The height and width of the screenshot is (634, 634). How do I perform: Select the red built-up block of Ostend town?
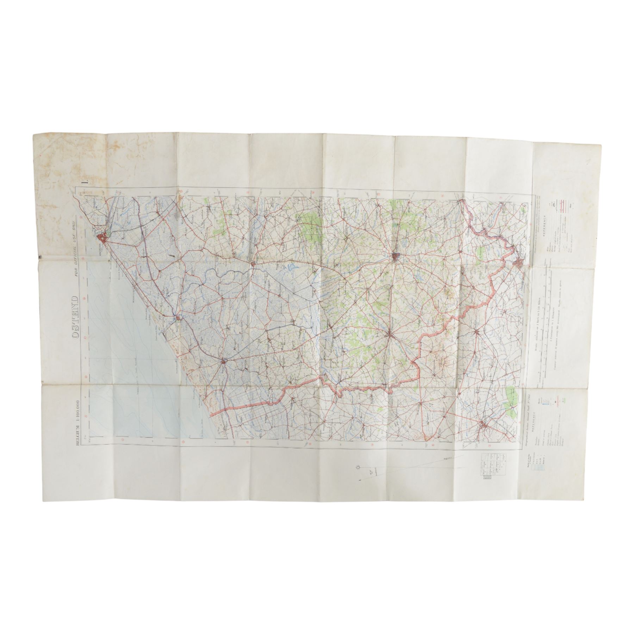103,238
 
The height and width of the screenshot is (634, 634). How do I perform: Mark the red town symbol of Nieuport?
179,318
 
